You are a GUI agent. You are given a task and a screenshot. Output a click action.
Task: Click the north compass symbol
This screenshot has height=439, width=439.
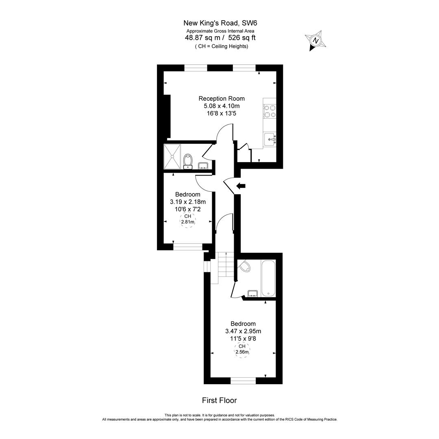tap(315, 41)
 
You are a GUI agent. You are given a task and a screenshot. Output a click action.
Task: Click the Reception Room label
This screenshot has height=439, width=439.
tap(222, 98)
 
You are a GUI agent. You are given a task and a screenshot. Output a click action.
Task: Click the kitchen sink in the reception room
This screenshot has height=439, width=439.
tap(270, 139)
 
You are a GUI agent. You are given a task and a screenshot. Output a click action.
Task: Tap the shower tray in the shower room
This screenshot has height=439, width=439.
tap(172, 156)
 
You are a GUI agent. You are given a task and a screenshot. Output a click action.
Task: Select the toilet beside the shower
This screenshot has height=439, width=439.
tap(187, 160)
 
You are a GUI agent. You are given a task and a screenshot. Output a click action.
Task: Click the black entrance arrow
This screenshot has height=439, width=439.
tap(241, 186)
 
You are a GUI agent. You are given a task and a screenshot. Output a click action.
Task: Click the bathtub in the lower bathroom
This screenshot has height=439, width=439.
tap(268, 278)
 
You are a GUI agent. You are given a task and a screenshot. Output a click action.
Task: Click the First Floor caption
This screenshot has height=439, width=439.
tap(219, 400)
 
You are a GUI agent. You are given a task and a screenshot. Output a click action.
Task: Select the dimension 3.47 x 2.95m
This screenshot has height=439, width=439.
tap(243, 331)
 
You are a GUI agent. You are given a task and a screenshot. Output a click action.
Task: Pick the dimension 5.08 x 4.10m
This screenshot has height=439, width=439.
tap(222, 106)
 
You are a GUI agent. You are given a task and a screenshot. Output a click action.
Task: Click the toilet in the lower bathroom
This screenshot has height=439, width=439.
tap(244, 266)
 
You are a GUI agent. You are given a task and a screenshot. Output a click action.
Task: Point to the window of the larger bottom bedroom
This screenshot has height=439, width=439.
tap(243, 380)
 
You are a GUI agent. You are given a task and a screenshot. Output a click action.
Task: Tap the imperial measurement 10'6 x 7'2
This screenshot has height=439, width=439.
tap(188, 209)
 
